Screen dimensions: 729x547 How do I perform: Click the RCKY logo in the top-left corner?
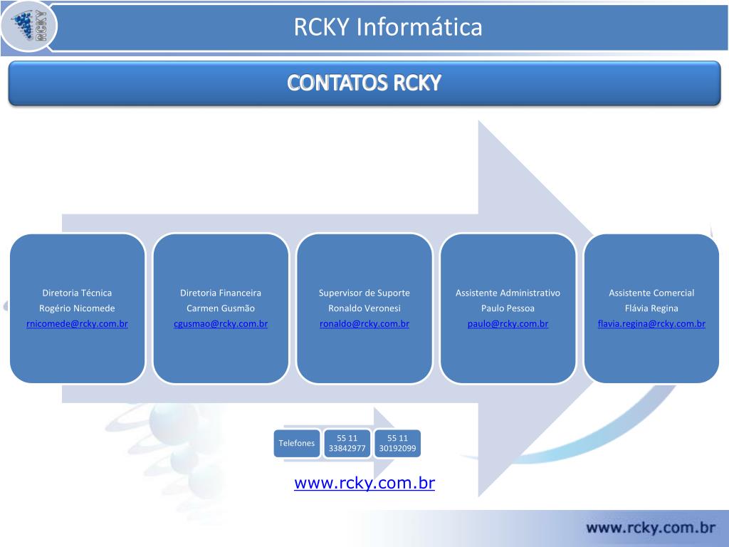[30, 26]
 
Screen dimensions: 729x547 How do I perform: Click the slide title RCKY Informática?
[388, 27]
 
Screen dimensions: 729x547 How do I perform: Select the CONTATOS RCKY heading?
[364, 83]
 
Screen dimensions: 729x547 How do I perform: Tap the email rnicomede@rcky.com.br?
[77, 324]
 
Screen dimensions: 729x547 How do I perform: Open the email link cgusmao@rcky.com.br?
[221, 324]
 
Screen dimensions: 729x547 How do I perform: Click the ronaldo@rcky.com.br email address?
[364, 324]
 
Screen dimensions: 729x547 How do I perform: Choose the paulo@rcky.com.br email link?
[508, 324]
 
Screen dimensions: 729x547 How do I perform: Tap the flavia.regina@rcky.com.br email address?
[651, 324]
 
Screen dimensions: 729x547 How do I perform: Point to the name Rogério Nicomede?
[77, 308]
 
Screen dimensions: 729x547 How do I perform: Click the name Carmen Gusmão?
[221, 308]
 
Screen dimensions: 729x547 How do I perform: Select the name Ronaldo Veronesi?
[364, 308]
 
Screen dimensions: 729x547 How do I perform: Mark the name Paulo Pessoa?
[508, 308]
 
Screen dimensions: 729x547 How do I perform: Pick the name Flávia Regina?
[651, 308]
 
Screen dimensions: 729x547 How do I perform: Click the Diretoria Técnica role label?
[77, 293]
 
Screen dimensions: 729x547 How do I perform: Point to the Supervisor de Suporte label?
[364, 293]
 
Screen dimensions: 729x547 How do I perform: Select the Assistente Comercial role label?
[651, 293]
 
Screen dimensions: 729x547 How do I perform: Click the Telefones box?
[297, 443]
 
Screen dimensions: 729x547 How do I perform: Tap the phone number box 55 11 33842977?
[347, 443]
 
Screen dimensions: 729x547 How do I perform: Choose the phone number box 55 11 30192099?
[397, 443]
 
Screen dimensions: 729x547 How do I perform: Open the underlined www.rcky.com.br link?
[364, 483]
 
